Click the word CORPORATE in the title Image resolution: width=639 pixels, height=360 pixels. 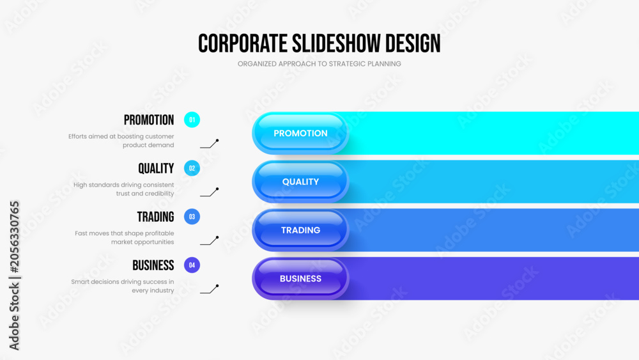[x=242, y=43]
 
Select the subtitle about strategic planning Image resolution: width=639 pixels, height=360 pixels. [x=319, y=63]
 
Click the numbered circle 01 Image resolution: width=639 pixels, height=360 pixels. [x=192, y=120]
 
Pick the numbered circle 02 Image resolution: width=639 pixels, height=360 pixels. [x=192, y=168]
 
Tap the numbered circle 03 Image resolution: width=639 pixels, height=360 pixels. [x=192, y=217]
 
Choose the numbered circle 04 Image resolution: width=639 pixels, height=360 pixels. [x=192, y=265]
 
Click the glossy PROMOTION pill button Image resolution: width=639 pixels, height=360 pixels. [x=300, y=133]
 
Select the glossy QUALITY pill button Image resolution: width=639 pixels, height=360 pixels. [x=300, y=182]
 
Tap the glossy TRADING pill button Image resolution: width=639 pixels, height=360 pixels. [x=300, y=230]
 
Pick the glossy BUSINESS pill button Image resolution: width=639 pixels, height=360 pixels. [x=300, y=278]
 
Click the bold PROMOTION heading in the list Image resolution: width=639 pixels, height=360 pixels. [x=149, y=120]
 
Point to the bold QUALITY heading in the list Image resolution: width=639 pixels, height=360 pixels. [x=156, y=168]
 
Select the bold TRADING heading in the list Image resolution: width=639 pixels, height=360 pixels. [x=155, y=217]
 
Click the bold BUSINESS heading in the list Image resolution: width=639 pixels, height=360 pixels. [x=153, y=265]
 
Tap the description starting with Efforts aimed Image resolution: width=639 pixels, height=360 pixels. [x=121, y=141]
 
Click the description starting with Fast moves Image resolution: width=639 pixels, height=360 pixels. [x=125, y=238]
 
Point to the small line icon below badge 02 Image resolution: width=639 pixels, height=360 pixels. [x=210, y=192]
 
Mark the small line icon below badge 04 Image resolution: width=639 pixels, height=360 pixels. [x=210, y=289]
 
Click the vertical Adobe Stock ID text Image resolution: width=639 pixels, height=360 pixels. [x=14, y=276]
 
